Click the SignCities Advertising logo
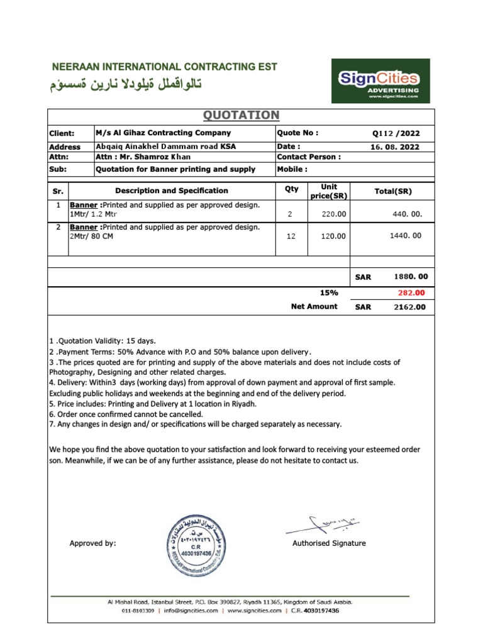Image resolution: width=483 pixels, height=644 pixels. tap(380, 81)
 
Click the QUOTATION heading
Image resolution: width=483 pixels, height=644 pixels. tap(241, 115)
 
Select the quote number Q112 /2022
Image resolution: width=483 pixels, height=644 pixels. tap(396, 133)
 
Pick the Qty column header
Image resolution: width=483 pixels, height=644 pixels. tap(291, 189)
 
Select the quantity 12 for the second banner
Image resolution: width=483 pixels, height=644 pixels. tap(290, 236)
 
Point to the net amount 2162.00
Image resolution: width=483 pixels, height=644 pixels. tap(409, 307)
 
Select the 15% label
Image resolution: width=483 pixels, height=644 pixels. tap(329, 293)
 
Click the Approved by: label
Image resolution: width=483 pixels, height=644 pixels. tap(92, 543)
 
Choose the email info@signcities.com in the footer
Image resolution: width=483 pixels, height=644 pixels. tap(191, 611)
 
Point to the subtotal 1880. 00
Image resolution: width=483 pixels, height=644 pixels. tap(411, 277)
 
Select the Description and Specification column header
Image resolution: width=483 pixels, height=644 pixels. tap(172, 191)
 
